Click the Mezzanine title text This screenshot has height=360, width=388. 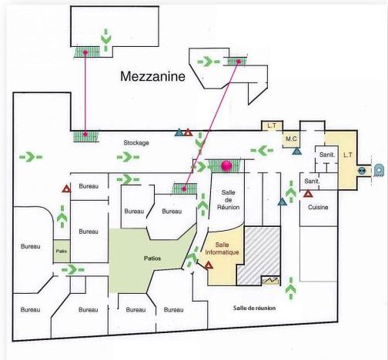click(x=152, y=76)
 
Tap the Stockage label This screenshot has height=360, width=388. click(x=136, y=143)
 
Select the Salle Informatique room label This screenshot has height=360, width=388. click(x=222, y=248)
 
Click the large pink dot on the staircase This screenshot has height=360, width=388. click(x=226, y=165)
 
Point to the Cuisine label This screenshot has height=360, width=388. click(x=318, y=207)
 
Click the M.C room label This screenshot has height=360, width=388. click(x=291, y=138)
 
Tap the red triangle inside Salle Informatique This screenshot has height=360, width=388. click(x=209, y=265)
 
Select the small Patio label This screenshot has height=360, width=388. click(x=62, y=251)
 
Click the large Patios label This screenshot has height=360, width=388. click(x=152, y=258)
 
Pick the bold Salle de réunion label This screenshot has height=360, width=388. click(x=254, y=308)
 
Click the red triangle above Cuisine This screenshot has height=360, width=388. click(x=308, y=194)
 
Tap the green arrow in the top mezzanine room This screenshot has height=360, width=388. click(x=105, y=40)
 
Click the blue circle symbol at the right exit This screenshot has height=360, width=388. click(x=362, y=171)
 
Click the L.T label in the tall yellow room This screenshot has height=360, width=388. click(x=348, y=155)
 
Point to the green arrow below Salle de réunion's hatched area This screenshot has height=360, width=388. click(x=291, y=288)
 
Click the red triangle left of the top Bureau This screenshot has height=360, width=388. click(x=66, y=189)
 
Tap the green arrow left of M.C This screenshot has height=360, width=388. click(x=262, y=150)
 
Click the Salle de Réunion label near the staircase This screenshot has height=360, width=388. click(x=228, y=200)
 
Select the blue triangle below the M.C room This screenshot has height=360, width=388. click(x=296, y=151)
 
